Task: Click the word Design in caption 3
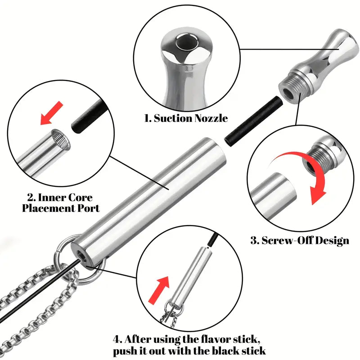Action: [331, 241]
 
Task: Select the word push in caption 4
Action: [125, 351]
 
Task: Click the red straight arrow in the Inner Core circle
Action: [51, 113]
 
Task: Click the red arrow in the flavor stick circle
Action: [159, 290]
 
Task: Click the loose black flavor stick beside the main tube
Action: [253, 122]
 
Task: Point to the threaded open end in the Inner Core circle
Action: [61, 139]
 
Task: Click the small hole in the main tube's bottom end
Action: [81, 256]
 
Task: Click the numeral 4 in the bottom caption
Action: [116, 339]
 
